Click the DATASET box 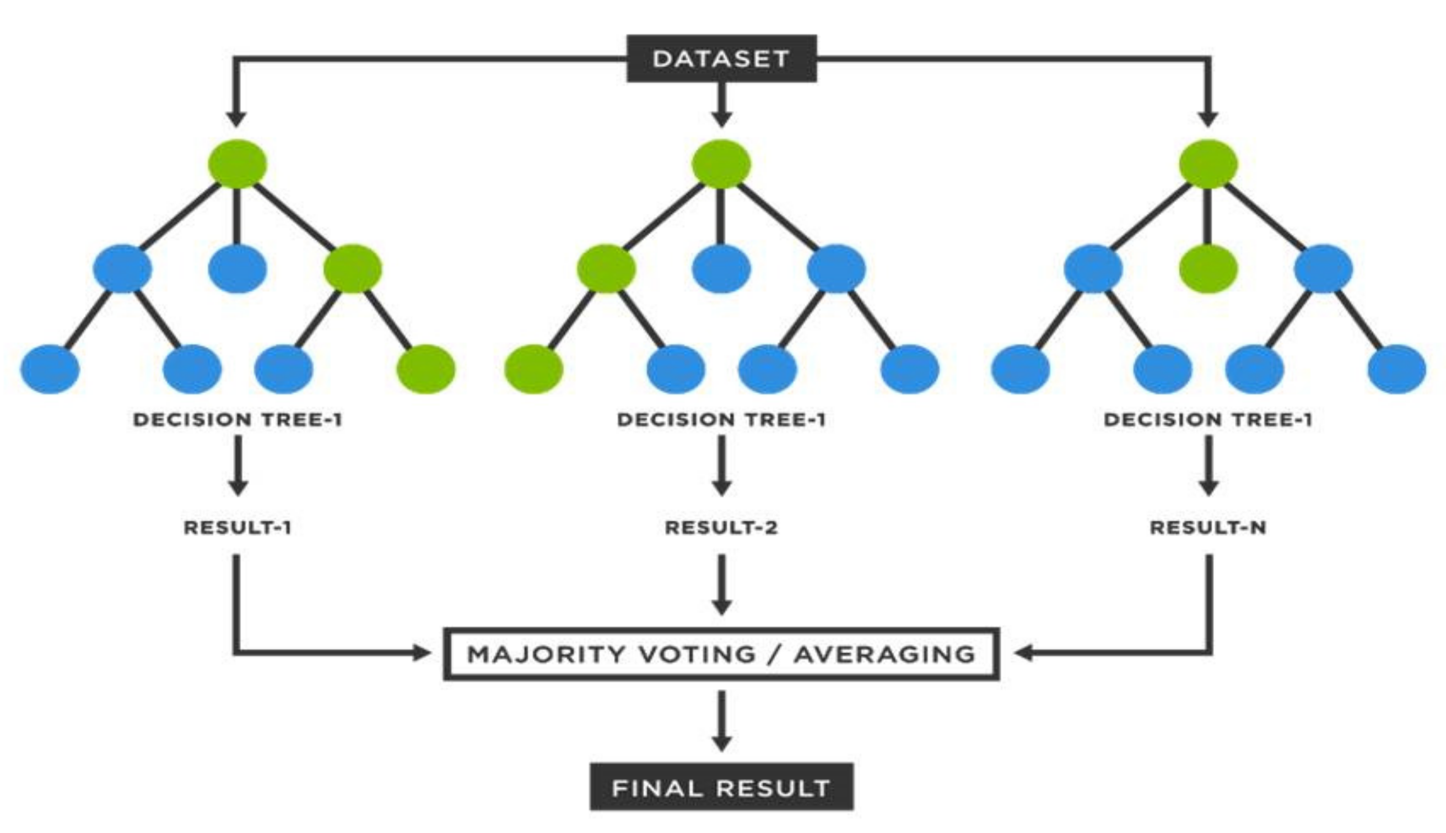click(x=721, y=58)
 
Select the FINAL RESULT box click(x=721, y=788)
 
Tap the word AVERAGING click(x=884, y=654)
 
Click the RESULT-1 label click(x=238, y=527)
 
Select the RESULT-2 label click(x=721, y=527)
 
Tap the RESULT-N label click(x=1208, y=527)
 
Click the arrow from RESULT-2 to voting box click(x=721, y=583)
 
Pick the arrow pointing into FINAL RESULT click(x=721, y=721)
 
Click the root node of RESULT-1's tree click(x=238, y=164)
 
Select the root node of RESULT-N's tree click(x=1208, y=164)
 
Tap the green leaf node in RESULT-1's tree click(x=427, y=369)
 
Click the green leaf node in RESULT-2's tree click(x=533, y=369)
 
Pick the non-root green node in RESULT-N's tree click(x=1208, y=269)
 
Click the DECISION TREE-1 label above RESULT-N click(x=1208, y=419)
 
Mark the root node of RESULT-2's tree click(x=721, y=164)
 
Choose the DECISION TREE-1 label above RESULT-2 click(x=721, y=419)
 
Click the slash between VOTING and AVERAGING click(x=775, y=654)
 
